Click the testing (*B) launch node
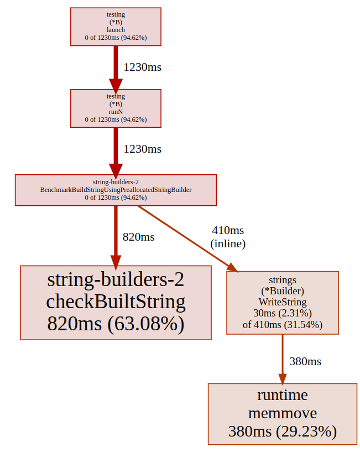click(116, 26)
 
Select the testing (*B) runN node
click(116, 108)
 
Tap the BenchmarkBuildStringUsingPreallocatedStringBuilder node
click(116, 190)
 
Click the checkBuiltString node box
click(116, 302)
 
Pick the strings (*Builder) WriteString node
click(282, 302)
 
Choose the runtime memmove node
click(282, 414)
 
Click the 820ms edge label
click(138, 237)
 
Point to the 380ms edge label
click(305, 361)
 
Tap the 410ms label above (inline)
click(228, 230)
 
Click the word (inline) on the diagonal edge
click(228, 243)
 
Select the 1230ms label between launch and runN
click(143, 67)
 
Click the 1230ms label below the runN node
click(143, 149)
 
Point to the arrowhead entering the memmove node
click(282, 379)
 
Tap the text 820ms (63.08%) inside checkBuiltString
click(116, 324)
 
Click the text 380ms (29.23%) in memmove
click(282, 431)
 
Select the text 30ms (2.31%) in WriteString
click(282, 313)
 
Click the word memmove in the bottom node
click(282, 413)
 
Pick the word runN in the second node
click(116, 111)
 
